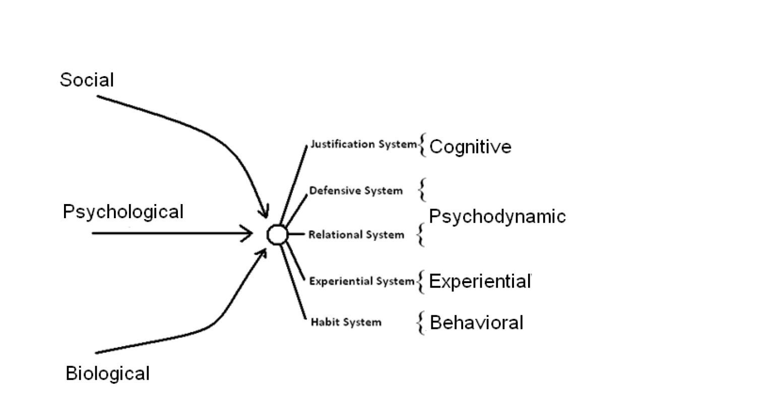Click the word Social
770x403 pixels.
click(87, 80)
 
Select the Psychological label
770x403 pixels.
click(123, 212)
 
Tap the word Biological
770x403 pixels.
click(107, 373)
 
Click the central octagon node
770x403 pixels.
click(277, 234)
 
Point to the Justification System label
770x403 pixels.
click(363, 145)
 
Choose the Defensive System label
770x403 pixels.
click(356, 191)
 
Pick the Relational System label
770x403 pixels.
click(356, 235)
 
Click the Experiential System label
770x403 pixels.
click(362, 281)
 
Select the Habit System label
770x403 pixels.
click(346, 322)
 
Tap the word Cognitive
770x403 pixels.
click(470, 147)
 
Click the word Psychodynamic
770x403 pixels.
click(497, 216)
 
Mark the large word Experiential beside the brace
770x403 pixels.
click(480, 281)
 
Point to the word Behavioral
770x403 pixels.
click(476, 322)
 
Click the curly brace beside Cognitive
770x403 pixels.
click(422, 145)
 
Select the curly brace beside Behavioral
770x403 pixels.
click(421, 322)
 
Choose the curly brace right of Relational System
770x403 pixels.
click(421, 235)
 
